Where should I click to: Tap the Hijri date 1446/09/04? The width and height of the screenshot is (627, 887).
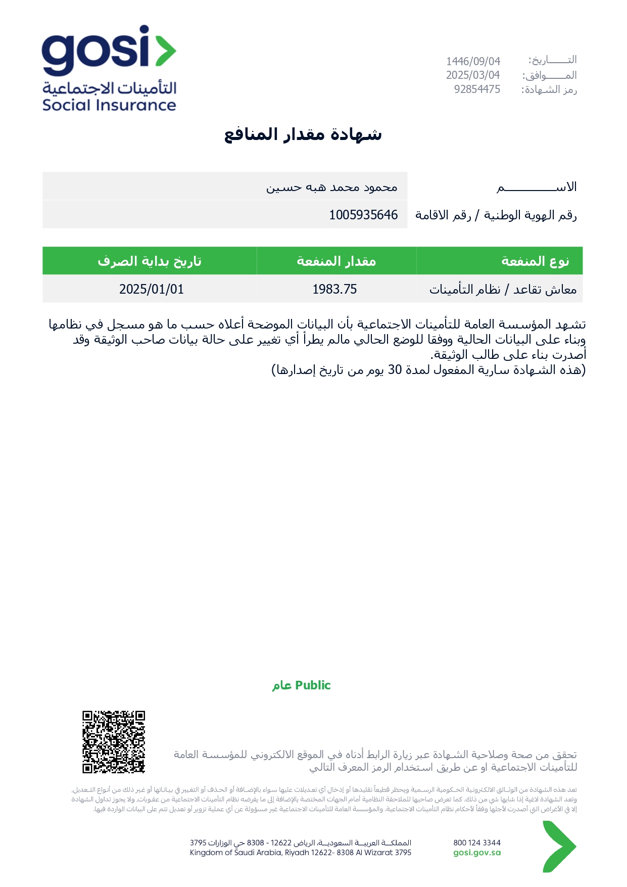coord(473,61)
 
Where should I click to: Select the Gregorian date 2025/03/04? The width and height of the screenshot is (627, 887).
coord(473,75)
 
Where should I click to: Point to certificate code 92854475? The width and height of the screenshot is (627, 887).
coord(477,89)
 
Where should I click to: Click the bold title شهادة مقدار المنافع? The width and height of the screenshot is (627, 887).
coord(303,134)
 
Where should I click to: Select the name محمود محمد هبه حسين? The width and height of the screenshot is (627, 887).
coord(332,188)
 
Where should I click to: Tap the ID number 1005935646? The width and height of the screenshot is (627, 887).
coord(363,215)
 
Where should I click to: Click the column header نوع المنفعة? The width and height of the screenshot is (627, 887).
coord(535,261)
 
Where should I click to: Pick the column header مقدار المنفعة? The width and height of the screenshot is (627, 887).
coord(336,261)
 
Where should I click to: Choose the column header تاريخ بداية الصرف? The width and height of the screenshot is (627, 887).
coord(150,261)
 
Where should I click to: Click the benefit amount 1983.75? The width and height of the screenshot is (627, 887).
coord(334,289)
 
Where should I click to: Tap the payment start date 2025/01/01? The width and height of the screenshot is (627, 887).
coord(152,289)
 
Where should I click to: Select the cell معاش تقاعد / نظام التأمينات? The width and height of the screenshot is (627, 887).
coord(503,289)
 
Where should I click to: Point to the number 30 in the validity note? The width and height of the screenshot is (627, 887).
coord(395,370)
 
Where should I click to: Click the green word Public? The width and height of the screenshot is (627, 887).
coord(313,685)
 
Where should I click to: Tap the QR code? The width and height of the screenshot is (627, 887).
coord(114,742)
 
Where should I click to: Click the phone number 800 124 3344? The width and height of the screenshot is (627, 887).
coord(477,843)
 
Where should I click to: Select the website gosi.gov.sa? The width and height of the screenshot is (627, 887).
coord(477,853)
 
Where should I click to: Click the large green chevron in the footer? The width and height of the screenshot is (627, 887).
coord(559,847)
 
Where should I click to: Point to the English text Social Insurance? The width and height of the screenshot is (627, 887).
coord(109,105)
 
